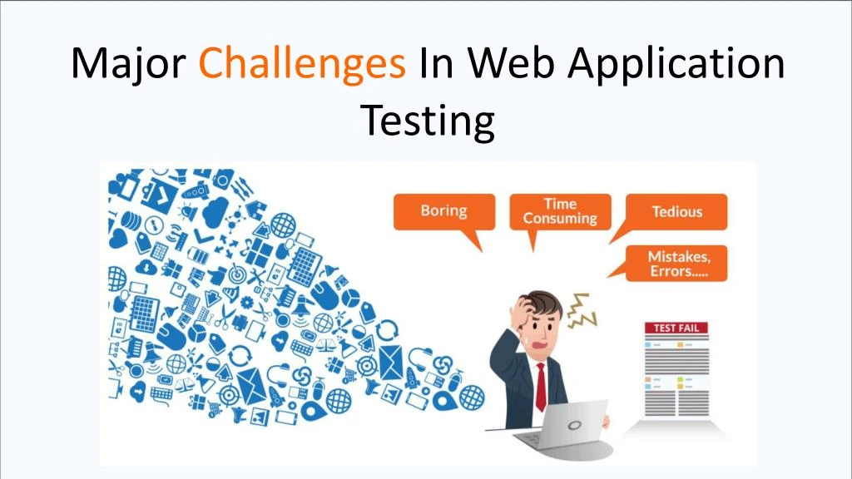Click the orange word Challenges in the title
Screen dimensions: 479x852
click(x=302, y=64)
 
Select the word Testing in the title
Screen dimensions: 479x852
click(x=427, y=121)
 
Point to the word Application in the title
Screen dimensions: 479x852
click(x=675, y=64)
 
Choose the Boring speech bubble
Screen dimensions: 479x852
click(x=443, y=211)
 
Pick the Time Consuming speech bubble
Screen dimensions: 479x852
click(x=560, y=211)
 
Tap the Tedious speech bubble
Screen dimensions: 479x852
click(x=676, y=211)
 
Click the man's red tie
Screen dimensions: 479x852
click(x=541, y=386)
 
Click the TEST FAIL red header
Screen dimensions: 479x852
click(x=676, y=328)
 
